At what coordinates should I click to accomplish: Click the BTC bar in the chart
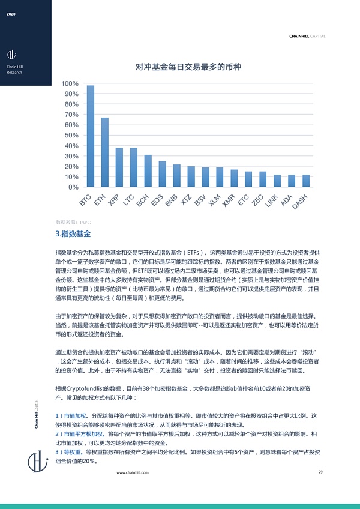pos(91,136)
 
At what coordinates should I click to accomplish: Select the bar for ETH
pos(105,152)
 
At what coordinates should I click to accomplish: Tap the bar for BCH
pos(148,171)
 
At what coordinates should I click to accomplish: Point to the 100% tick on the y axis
pos(70,83)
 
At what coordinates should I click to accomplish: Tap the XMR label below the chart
pos(229,200)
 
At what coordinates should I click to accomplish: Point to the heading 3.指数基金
pos(73,233)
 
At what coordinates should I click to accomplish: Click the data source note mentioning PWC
pos(73,222)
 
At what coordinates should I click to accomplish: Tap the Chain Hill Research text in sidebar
pos(14,69)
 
